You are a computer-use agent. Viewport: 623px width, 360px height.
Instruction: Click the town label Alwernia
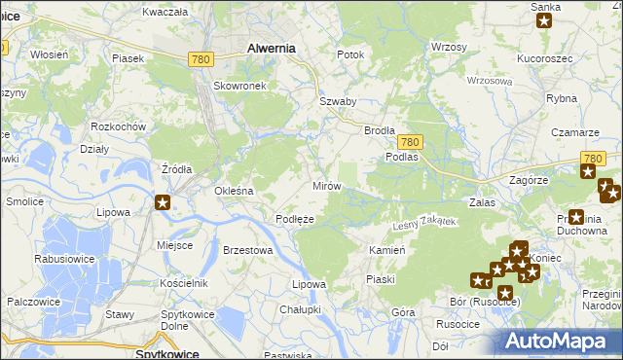[x=272, y=47]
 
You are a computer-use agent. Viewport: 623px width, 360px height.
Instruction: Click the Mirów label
[x=325, y=185]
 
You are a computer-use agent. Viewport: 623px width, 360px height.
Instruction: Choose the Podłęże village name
[x=295, y=219]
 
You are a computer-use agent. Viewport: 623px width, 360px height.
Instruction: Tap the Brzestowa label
[x=247, y=250]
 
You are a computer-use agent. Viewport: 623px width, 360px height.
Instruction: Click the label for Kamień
[x=386, y=250]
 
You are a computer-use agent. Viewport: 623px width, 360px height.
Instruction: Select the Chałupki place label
[x=300, y=309]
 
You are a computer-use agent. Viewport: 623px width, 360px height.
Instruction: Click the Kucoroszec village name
[x=543, y=58]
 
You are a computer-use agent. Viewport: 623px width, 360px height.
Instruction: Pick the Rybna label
[x=563, y=98]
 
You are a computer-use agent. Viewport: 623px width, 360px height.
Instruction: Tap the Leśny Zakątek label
[x=423, y=224]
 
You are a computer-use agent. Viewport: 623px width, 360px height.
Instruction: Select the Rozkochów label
[x=118, y=126]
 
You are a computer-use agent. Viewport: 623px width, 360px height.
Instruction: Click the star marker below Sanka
[x=544, y=22]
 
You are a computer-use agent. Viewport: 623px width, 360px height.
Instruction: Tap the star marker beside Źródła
[x=163, y=202]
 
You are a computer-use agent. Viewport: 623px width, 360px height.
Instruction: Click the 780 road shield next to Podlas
[x=409, y=141]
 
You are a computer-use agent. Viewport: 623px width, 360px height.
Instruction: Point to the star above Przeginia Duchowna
[x=576, y=218]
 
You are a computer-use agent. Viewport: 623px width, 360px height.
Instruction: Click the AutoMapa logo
[x=558, y=342]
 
